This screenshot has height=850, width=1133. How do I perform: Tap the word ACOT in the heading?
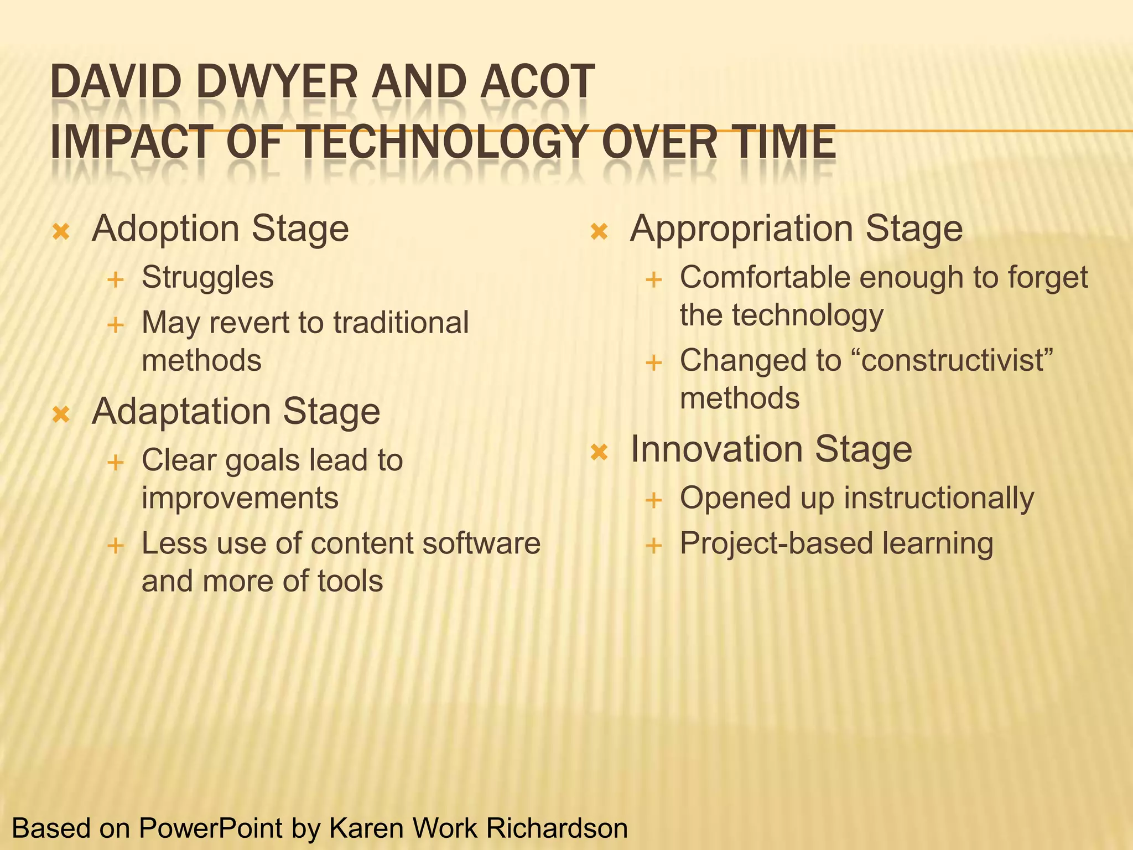click(x=537, y=82)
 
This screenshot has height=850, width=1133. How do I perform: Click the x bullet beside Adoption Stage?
click(x=61, y=231)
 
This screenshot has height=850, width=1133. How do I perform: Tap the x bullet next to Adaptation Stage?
click(x=61, y=414)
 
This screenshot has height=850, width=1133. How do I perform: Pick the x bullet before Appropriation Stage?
click(x=599, y=231)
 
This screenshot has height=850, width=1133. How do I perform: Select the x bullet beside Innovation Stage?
click(x=599, y=452)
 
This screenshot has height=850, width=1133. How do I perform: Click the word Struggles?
click(x=207, y=278)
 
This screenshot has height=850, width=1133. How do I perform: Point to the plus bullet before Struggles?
click(x=115, y=280)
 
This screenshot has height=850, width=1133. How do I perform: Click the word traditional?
click(x=401, y=323)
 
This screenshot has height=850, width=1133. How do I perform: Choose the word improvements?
click(x=240, y=498)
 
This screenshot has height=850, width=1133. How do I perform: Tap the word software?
click(x=481, y=543)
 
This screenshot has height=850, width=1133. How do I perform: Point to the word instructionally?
click(x=938, y=498)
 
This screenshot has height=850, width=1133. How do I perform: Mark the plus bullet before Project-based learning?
click(x=653, y=546)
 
